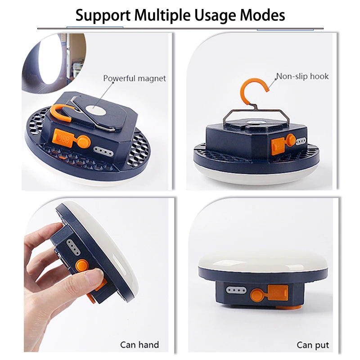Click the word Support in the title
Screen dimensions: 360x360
[103, 15]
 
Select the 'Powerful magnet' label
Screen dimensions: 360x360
[135, 78]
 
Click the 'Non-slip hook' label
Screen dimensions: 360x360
[302, 76]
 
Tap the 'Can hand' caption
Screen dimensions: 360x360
[139, 345]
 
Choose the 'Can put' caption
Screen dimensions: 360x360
[313, 345]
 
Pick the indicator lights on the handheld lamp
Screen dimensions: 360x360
[71, 246]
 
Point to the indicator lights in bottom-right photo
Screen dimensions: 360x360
[235, 290]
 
